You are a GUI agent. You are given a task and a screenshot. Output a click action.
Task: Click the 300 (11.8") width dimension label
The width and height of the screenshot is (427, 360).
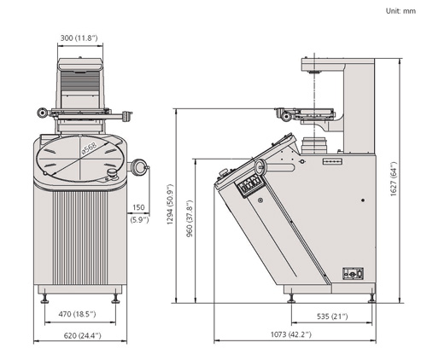point(79,38)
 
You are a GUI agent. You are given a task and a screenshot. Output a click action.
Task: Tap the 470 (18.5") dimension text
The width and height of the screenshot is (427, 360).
point(77,314)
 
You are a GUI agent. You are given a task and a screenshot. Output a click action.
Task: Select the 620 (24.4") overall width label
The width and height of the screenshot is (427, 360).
point(82,336)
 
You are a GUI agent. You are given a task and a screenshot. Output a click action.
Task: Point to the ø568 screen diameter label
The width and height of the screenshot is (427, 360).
point(90,148)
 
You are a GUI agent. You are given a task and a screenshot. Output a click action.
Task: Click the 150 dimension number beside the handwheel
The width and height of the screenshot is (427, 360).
point(138,207)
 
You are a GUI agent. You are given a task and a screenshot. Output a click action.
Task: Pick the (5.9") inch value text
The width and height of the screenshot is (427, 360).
point(139,220)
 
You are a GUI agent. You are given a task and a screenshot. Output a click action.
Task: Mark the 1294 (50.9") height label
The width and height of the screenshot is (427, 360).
point(170,205)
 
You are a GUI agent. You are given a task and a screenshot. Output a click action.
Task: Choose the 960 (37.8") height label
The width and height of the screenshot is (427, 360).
point(190,219)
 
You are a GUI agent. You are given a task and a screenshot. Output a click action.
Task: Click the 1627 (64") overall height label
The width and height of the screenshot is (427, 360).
point(394,179)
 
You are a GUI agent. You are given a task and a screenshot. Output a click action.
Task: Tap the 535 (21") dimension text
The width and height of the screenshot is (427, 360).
point(332,316)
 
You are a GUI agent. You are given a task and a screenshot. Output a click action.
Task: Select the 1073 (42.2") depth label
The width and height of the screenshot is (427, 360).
point(291,334)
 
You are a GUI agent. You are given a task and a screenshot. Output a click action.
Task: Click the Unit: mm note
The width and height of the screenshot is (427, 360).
point(401,11)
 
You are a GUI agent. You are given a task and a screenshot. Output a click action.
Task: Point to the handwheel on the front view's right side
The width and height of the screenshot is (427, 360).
point(138,167)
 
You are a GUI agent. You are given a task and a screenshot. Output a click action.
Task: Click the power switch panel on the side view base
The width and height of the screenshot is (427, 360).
point(353,273)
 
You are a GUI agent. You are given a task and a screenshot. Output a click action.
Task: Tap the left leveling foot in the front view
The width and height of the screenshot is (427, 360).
point(44,299)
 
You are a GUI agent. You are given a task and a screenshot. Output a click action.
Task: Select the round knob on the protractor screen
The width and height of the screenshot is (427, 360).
point(112,172)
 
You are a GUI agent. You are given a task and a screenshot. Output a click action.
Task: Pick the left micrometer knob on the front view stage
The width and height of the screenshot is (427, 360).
point(43,113)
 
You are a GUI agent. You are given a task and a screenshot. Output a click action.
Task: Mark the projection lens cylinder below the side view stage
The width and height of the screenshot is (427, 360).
point(314,145)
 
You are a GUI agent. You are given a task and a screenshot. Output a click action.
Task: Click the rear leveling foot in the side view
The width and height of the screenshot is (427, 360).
point(371,297)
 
